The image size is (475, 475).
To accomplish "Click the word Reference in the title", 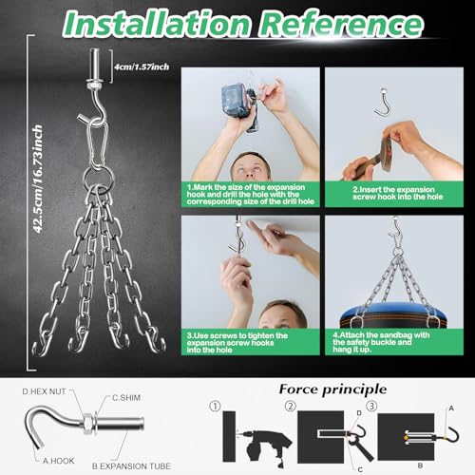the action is click(x=341, y=23).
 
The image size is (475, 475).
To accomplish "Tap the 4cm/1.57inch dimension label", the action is click(x=142, y=66).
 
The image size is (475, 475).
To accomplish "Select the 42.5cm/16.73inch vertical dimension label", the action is click(x=38, y=179).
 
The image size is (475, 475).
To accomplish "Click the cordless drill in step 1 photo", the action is click(x=239, y=106).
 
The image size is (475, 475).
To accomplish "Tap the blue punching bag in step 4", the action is click(x=393, y=315).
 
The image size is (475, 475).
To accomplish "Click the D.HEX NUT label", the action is click(x=44, y=391).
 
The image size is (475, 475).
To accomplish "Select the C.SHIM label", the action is click(x=126, y=398).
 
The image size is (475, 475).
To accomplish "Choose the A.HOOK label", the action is click(x=59, y=461).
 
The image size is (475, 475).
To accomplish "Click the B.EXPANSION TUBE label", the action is click(x=131, y=466).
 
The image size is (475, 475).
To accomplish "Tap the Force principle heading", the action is click(x=332, y=389).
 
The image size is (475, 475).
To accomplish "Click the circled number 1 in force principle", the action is click(x=216, y=407).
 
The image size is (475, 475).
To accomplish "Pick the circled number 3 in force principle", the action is click(x=371, y=406).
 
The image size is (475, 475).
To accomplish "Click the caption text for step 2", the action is click(x=398, y=193).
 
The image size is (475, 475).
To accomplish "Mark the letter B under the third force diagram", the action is click(x=420, y=465).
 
